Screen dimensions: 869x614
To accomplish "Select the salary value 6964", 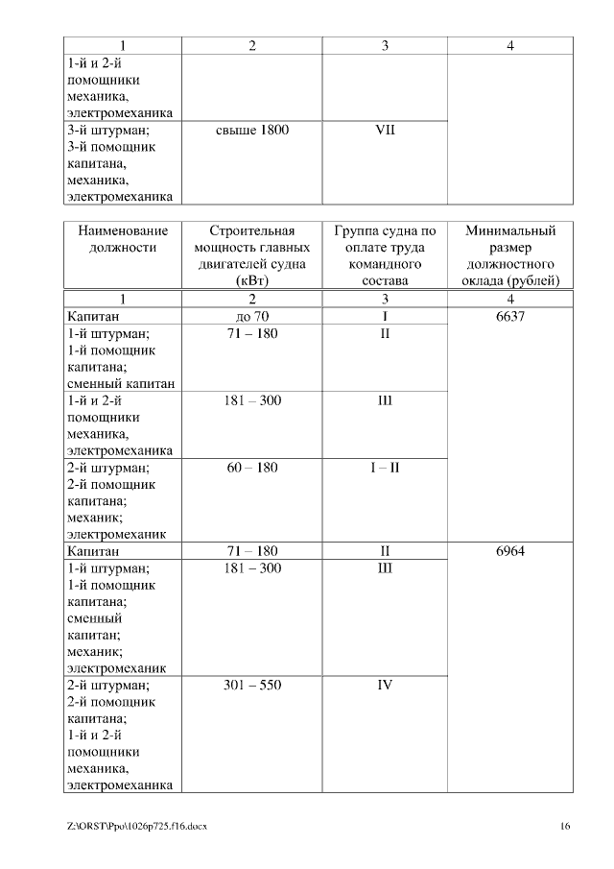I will coord(510,552).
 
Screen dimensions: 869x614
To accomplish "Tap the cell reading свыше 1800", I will coord(251,130).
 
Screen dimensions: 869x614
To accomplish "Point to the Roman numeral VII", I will coord(385,130).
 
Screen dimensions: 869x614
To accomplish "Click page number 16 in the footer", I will coord(565,827).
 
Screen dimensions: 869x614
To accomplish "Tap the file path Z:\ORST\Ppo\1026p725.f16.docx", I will coord(137,827).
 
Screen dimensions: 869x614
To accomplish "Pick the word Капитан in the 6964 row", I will coord(93,552).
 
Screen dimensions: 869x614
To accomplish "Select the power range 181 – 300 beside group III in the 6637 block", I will coord(251,400).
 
